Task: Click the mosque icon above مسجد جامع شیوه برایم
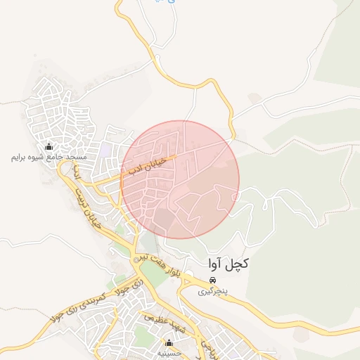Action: click(x=49, y=146)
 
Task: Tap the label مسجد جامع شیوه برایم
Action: click(x=49, y=157)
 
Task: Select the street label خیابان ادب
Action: click(x=147, y=165)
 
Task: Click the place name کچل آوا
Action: click(x=229, y=264)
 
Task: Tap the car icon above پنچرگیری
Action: click(x=212, y=280)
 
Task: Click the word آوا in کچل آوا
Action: click(x=218, y=264)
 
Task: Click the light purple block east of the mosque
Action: click(x=105, y=150)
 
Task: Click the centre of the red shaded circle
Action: click(x=180, y=179)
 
